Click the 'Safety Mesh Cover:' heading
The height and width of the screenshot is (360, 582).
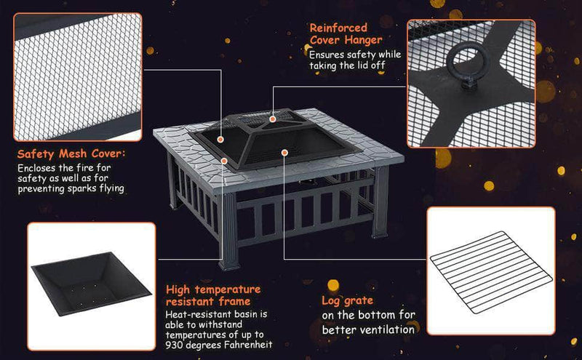pos(71,154)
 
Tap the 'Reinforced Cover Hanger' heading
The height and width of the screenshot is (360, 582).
pos(346,33)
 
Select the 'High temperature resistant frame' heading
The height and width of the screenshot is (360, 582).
pos(212,295)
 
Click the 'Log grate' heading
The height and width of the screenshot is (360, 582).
pos(348,300)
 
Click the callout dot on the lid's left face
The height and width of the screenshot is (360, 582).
pos(221,136)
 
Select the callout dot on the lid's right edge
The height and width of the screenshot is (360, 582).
pos(284,153)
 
